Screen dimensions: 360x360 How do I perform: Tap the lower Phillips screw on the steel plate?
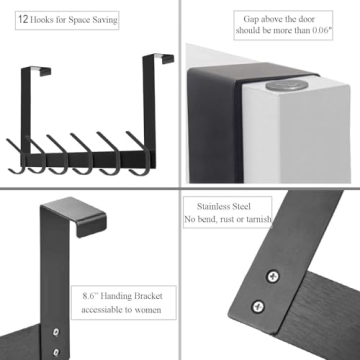(258, 308)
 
